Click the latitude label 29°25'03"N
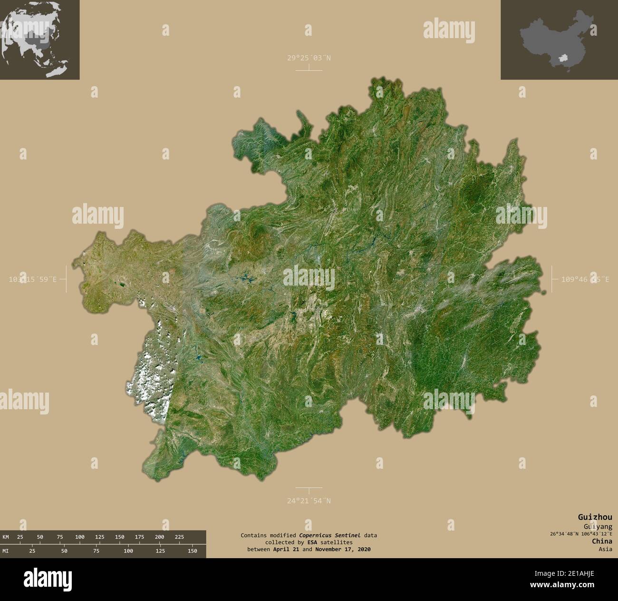[x=309, y=58]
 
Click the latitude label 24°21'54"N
[x=309, y=501]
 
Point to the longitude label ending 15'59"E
[x=33, y=280]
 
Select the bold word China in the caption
[x=602, y=541]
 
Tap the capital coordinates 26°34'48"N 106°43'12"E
[x=581, y=533]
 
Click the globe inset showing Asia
[x=39, y=39]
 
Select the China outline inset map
[x=559, y=39]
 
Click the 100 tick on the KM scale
[x=79, y=537]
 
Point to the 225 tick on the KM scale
[x=179, y=537]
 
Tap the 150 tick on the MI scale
[x=192, y=551]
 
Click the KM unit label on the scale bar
[x=6, y=537]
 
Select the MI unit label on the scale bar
[x=6, y=551]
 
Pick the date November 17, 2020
[x=343, y=549]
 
